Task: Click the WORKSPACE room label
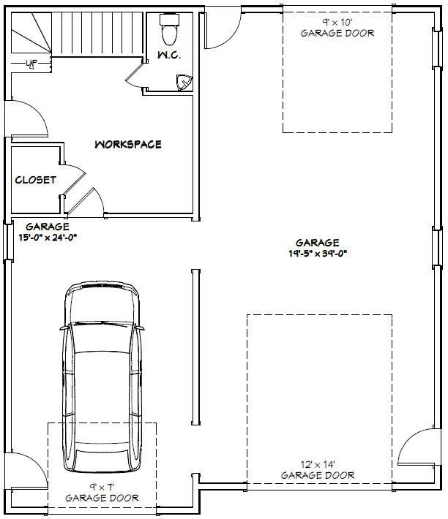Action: pos(127,145)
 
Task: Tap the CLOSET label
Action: pos(35,180)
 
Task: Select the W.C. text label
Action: pos(169,56)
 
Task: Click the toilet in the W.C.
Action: pos(169,31)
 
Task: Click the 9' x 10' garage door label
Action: pos(337,28)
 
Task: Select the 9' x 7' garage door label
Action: pos(102,493)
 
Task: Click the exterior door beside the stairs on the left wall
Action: pos(28,118)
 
